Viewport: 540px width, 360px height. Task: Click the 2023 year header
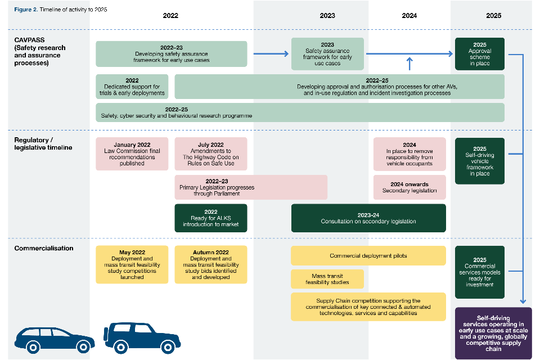pos(327,16)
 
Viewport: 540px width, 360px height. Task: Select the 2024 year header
pos(409,16)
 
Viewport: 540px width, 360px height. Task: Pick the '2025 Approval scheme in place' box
pos(479,54)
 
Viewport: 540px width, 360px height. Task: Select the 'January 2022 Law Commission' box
pos(132,154)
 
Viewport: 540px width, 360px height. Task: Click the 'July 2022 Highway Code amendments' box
pos(211,154)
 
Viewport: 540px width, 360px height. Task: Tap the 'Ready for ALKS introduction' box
pos(211,218)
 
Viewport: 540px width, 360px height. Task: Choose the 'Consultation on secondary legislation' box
pos(368,218)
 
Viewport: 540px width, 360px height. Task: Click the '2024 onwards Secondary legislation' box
pos(409,187)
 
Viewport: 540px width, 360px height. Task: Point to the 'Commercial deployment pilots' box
pos(368,255)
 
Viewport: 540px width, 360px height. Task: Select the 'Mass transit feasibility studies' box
pos(327,279)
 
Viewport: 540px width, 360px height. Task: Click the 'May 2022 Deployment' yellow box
pos(132,264)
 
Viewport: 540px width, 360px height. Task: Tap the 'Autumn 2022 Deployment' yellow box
pos(211,264)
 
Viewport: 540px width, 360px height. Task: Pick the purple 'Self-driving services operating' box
pos(493,333)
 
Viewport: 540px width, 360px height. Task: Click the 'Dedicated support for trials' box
pos(132,87)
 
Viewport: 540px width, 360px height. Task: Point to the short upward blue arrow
pos(409,63)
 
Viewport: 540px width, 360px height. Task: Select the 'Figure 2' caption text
pos(60,10)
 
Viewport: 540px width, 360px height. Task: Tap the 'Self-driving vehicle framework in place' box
pos(479,161)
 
